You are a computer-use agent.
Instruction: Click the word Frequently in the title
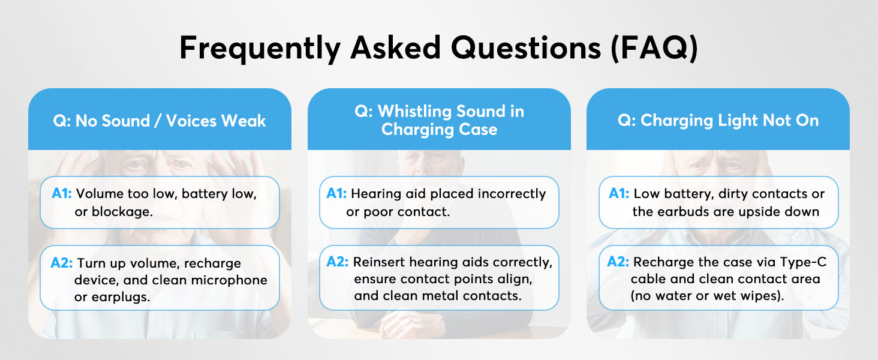(x=260, y=48)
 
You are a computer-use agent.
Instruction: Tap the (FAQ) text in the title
(x=654, y=48)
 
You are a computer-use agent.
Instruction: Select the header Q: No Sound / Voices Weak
(x=160, y=121)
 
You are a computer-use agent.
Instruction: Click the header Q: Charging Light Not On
(x=718, y=121)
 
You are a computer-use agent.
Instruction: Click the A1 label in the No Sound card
(x=62, y=193)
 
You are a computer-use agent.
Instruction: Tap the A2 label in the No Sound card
(x=62, y=262)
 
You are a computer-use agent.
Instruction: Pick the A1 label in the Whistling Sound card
(x=336, y=193)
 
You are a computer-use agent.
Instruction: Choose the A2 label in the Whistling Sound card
(x=338, y=262)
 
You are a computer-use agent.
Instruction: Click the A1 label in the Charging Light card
(x=619, y=193)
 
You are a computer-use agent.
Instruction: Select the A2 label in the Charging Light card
(x=618, y=262)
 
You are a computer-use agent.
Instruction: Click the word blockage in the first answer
(x=122, y=212)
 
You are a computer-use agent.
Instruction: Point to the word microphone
(x=229, y=280)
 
